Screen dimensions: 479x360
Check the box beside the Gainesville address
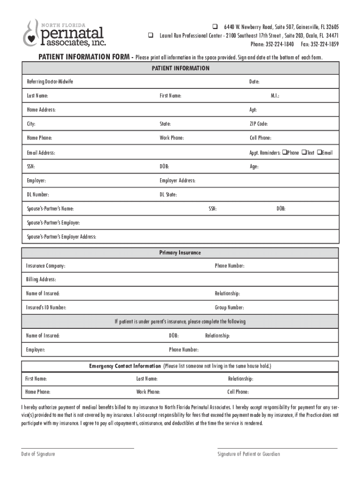point(216,26)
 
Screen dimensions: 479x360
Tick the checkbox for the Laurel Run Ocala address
point(151,35)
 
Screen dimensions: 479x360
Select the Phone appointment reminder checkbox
point(284,152)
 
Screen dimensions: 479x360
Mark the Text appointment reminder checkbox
point(304,152)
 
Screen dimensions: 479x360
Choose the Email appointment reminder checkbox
point(319,152)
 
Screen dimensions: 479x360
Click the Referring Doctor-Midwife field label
point(50,82)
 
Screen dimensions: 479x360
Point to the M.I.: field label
point(275,96)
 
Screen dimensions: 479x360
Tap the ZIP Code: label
point(259,124)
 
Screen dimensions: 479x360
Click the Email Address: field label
point(41,152)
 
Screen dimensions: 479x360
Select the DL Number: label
point(38,195)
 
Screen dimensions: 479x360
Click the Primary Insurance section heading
point(180,253)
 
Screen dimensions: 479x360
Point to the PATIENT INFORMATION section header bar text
point(180,68)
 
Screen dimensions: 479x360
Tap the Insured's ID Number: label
point(46,308)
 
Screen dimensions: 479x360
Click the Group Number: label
point(230,308)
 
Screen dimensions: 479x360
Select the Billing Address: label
point(41,280)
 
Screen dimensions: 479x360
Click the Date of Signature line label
point(38,454)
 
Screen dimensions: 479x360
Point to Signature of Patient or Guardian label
point(249,454)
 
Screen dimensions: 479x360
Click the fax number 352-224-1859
point(323,44)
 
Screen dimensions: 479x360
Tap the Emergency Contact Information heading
point(126,366)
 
